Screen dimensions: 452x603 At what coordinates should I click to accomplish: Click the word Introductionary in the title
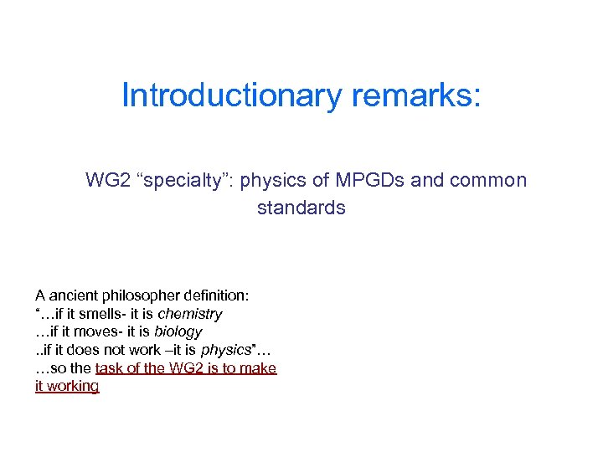coord(232,95)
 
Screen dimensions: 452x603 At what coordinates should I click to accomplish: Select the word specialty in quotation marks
coord(188,180)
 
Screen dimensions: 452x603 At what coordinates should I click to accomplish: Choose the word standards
coord(301,208)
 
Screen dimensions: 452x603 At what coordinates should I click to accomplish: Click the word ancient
coord(71,295)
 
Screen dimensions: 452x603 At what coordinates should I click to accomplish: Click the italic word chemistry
coord(190,314)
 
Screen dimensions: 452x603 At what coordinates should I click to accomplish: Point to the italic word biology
coord(178,331)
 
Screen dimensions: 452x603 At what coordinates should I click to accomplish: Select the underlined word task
coord(111,368)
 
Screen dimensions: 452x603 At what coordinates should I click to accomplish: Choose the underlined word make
coord(260,368)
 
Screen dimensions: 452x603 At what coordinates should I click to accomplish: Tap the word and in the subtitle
coord(429,180)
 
